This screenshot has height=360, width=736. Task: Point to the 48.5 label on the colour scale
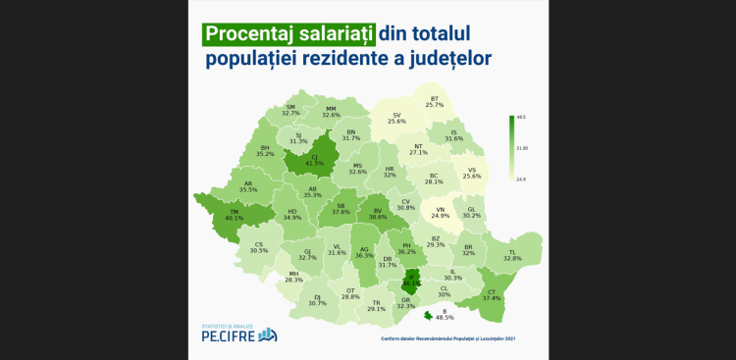(520, 117)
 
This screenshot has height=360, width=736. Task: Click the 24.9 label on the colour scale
(520, 180)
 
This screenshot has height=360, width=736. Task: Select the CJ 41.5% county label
(314, 159)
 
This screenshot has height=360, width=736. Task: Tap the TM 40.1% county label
(233, 215)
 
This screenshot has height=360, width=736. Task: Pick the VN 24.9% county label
(440, 212)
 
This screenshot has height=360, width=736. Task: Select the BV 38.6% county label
(377, 212)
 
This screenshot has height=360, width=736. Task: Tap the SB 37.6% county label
(340, 208)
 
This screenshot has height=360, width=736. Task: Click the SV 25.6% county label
(397, 118)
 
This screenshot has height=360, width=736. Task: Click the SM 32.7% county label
(290, 110)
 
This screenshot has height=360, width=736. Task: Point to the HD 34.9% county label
(291, 214)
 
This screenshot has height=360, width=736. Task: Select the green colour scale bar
(510, 148)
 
